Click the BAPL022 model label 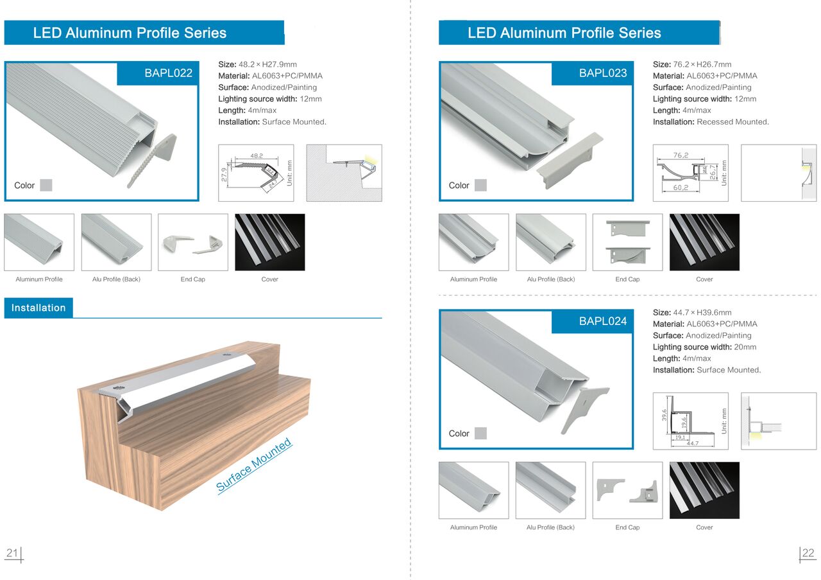pyautogui.click(x=168, y=73)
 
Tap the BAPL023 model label pyautogui.click(x=603, y=73)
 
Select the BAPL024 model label pyautogui.click(x=603, y=321)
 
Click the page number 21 pyautogui.click(x=12, y=553)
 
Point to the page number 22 pyautogui.click(x=808, y=553)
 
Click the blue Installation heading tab pyautogui.click(x=38, y=308)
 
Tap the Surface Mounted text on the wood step pyautogui.click(x=254, y=465)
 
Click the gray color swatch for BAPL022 pyautogui.click(x=46, y=185)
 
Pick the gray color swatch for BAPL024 pyautogui.click(x=480, y=433)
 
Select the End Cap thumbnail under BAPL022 pyautogui.click(x=193, y=242)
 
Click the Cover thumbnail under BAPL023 pyautogui.click(x=704, y=242)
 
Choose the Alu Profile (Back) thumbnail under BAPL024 pyautogui.click(x=550, y=491)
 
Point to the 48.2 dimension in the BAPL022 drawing pyautogui.click(x=257, y=155)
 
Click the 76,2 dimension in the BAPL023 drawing pyautogui.click(x=681, y=155)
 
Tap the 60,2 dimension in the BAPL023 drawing pyautogui.click(x=681, y=188)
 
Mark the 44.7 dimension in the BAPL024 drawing pyautogui.click(x=692, y=443)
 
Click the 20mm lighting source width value pyautogui.click(x=745, y=347)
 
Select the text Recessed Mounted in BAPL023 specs pyautogui.click(x=732, y=122)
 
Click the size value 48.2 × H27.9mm pyautogui.click(x=267, y=65)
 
